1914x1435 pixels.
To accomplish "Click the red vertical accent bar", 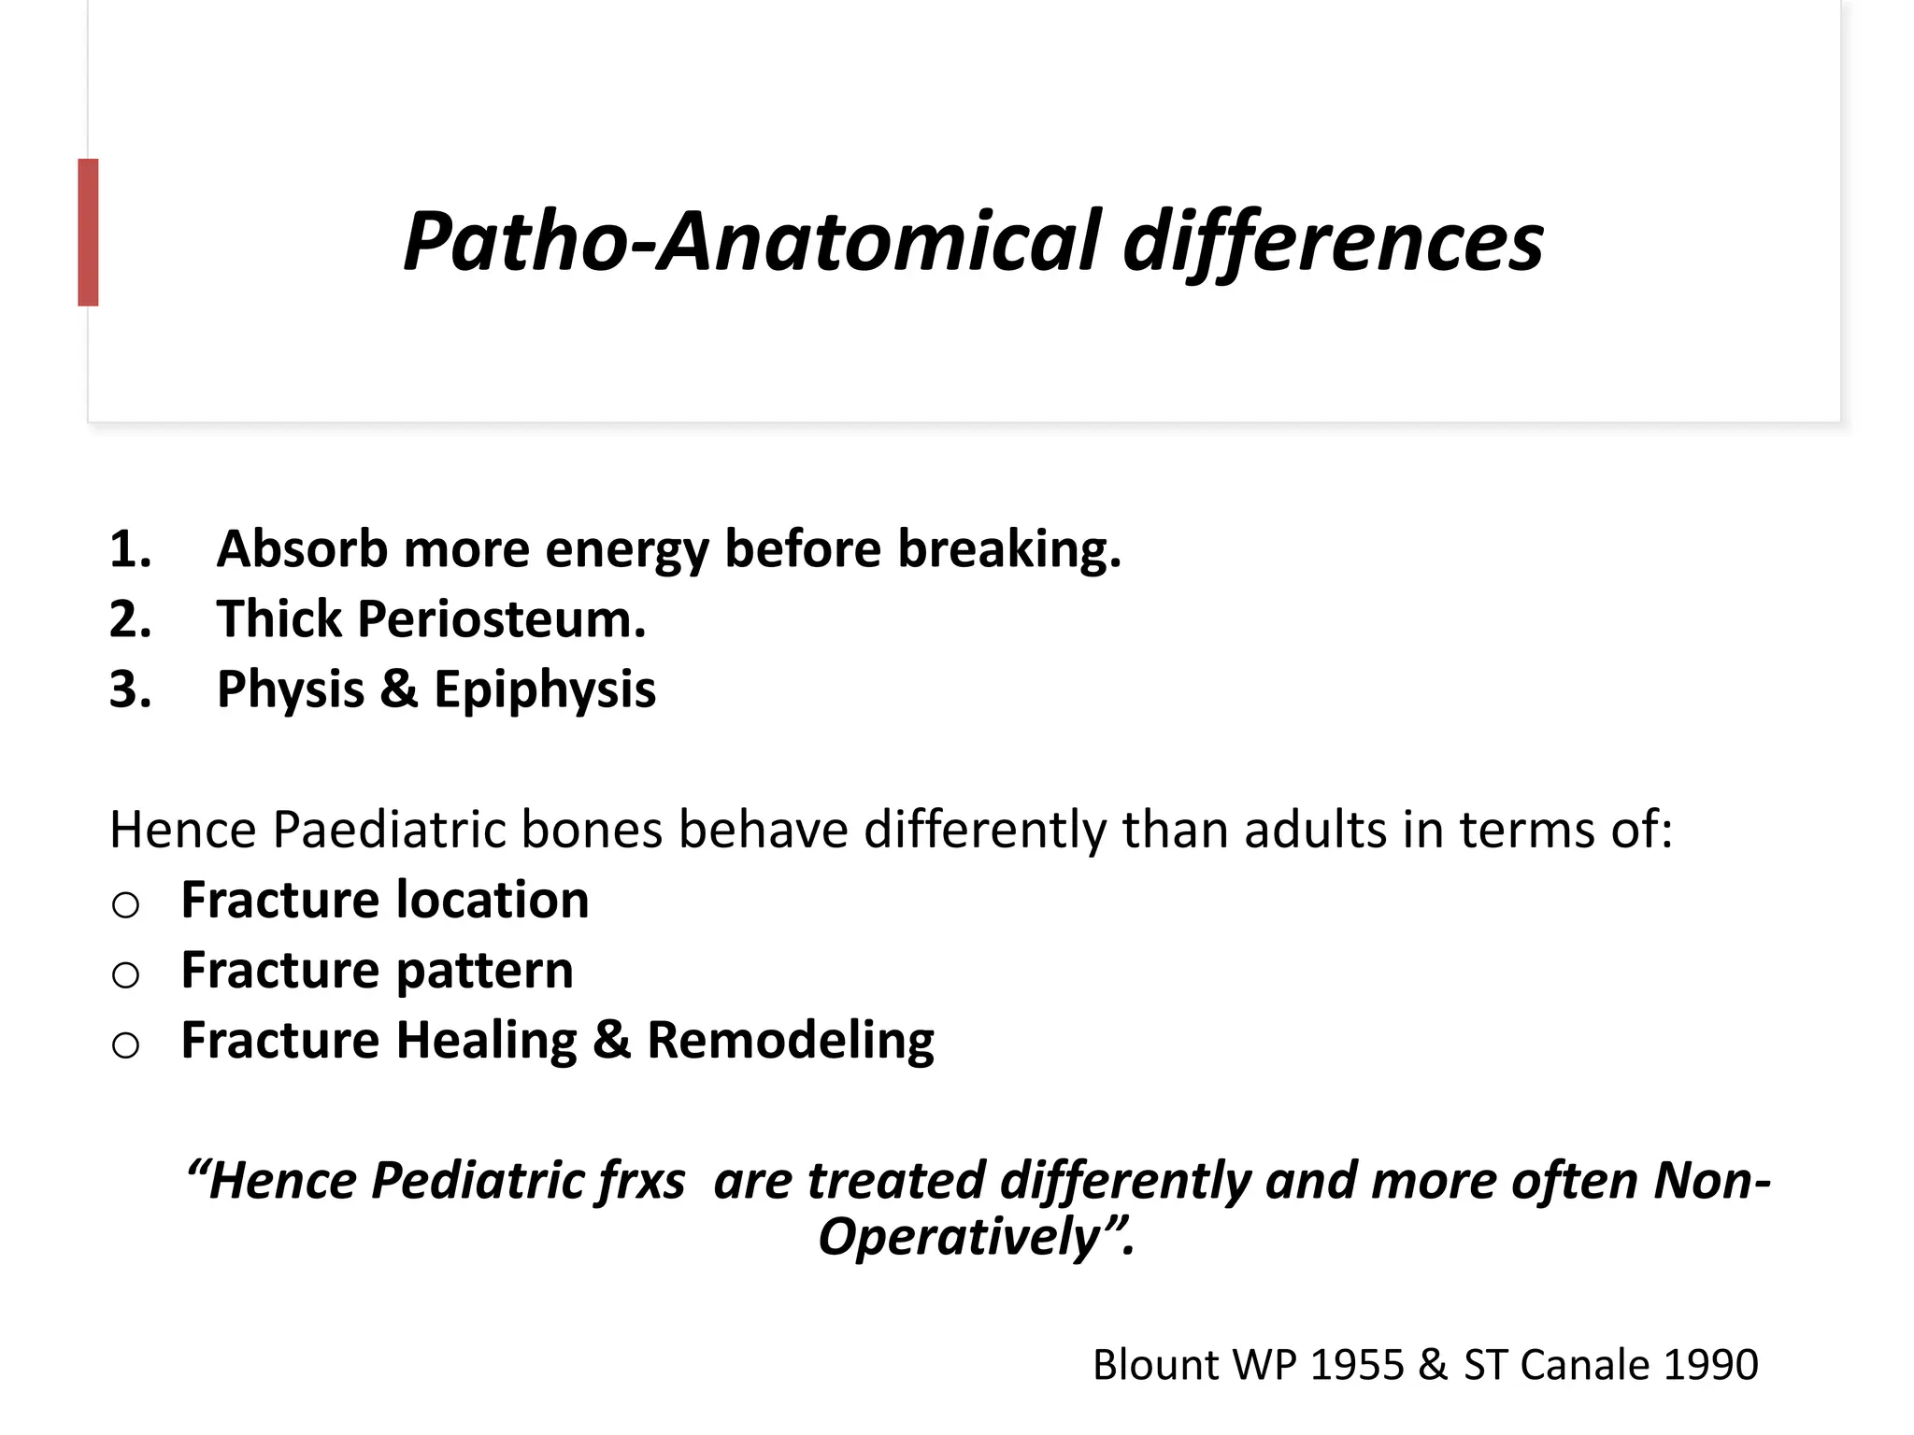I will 88,232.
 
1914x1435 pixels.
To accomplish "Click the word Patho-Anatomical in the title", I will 751,243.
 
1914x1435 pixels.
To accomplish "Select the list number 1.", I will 129,549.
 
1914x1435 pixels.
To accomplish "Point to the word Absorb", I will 302,549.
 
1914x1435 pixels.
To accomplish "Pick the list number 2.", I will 129,619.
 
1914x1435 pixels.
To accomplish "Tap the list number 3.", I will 129,689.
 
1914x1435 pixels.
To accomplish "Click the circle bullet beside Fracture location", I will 125,904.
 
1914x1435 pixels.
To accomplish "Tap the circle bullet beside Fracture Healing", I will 125,1044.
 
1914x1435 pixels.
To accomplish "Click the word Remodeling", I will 790,1041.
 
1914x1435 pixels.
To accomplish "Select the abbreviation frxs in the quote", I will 640,1181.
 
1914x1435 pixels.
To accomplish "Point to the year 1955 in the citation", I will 1357,1365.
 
